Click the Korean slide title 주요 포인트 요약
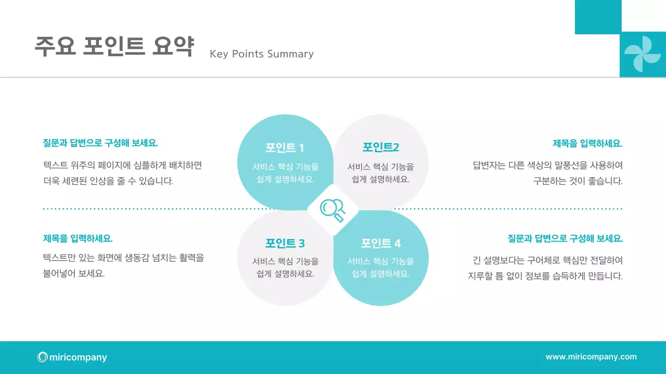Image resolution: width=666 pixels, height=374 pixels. [x=114, y=47]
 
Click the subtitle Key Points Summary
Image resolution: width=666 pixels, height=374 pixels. [x=261, y=54]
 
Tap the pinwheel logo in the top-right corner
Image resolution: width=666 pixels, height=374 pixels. [x=642, y=54]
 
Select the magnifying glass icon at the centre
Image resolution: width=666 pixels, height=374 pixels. [x=332, y=210]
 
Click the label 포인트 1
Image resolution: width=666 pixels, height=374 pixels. [x=285, y=148]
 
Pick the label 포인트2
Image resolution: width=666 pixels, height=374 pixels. [x=380, y=147]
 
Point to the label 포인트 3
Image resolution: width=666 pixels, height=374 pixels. [x=285, y=243]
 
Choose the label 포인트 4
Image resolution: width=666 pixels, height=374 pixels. [x=380, y=243]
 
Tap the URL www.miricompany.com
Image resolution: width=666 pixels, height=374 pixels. [x=591, y=357]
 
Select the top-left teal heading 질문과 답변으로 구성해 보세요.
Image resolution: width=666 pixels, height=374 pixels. [x=100, y=143]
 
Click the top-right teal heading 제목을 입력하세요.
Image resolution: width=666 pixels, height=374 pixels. [x=587, y=143]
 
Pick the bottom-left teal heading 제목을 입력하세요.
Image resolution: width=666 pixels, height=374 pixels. [x=78, y=238]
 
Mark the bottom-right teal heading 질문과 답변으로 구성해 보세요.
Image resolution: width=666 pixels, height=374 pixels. [x=565, y=238]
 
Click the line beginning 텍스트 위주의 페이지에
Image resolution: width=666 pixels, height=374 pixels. [x=122, y=166]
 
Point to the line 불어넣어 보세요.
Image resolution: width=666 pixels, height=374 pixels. [x=74, y=273]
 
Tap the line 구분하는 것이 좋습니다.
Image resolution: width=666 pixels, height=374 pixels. [x=578, y=181]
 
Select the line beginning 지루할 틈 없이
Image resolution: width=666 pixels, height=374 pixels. [x=545, y=276]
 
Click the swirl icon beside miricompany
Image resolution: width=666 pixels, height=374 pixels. [x=42, y=357]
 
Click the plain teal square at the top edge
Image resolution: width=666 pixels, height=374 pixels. [x=598, y=17]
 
